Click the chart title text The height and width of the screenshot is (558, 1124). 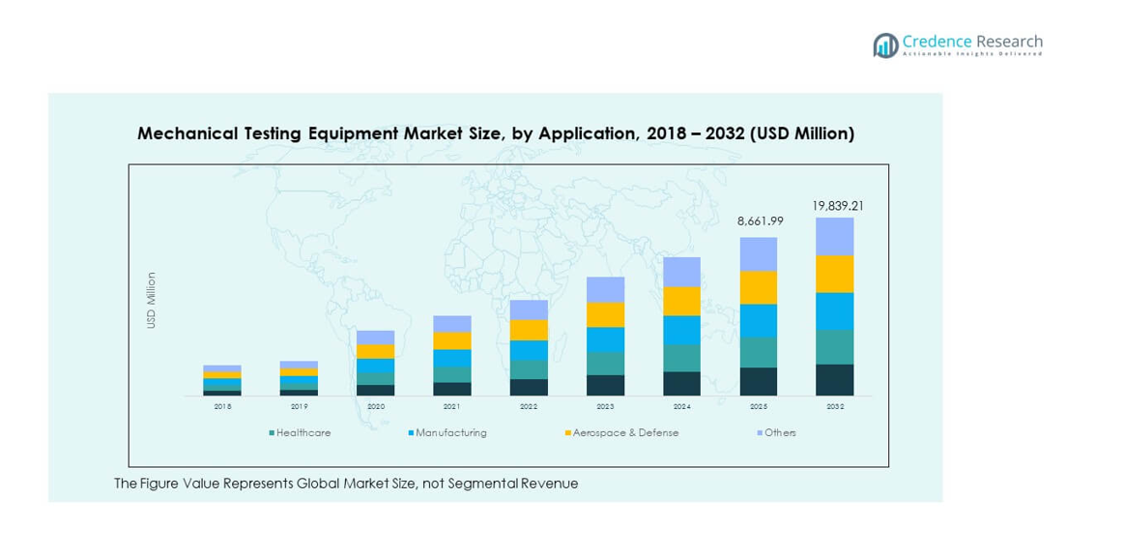(495, 133)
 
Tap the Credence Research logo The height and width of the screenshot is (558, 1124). (958, 44)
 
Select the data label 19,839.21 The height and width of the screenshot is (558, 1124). (837, 205)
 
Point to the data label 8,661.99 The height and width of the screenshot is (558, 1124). (760, 221)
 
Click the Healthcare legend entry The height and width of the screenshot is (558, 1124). (302, 432)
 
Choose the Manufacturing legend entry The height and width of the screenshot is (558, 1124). (448, 432)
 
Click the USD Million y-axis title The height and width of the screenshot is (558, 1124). (152, 300)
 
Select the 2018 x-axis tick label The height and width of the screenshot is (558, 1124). (222, 407)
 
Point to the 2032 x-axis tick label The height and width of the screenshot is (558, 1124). (835, 407)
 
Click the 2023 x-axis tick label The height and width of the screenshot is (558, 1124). (605, 407)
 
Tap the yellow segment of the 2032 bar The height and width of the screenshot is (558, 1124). (834, 274)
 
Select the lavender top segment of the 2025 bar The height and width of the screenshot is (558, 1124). (759, 254)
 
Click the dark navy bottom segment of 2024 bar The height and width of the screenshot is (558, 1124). (681, 384)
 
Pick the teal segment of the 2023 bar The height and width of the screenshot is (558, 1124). (605, 364)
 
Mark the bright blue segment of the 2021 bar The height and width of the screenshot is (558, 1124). (451, 358)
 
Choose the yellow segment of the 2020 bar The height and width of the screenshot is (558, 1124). (375, 352)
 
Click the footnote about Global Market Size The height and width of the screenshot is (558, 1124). (346, 484)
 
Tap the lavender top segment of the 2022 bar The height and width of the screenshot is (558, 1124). (529, 309)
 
